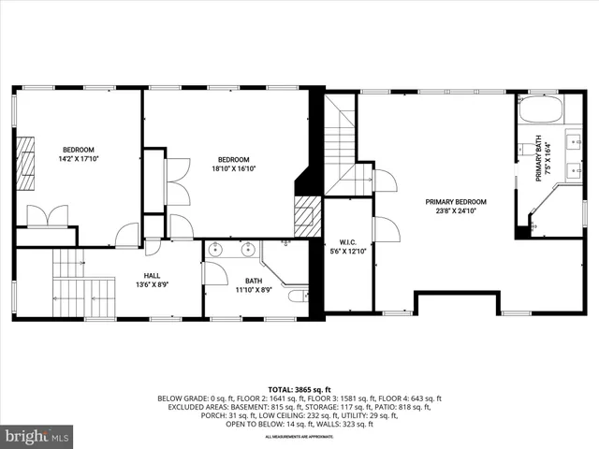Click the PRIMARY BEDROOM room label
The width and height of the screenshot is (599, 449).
click(456, 201)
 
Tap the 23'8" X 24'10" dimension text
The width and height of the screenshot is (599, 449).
click(456, 210)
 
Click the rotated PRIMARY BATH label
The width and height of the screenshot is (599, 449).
click(539, 158)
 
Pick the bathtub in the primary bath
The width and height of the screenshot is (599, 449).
click(538, 110)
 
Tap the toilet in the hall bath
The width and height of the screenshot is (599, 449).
click(298, 297)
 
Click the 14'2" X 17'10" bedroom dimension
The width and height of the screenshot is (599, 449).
click(79, 159)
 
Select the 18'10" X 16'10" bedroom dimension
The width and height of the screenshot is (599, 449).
click(234, 168)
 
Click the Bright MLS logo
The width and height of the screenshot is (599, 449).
click(37, 436)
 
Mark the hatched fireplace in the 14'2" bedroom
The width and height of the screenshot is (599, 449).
click(27, 155)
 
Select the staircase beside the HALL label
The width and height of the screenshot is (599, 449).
click(70, 285)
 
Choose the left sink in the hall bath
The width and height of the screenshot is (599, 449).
click(217, 250)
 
